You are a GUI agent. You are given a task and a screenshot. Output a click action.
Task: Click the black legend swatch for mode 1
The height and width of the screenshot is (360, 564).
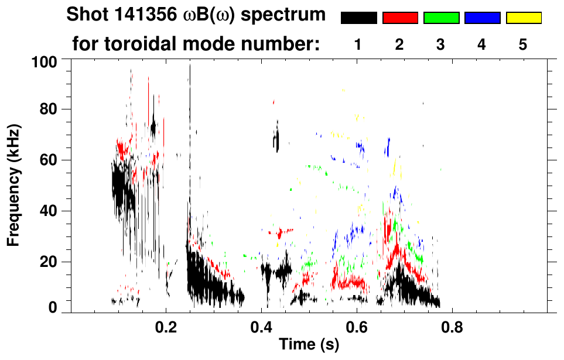click(x=358, y=18)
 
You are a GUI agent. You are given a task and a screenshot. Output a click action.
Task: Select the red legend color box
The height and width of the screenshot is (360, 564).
click(x=400, y=18)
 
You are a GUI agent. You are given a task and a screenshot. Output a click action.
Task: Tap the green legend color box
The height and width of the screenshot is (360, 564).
click(x=441, y=18)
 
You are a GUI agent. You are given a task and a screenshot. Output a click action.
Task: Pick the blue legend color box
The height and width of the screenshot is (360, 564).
click(x=482, y=18)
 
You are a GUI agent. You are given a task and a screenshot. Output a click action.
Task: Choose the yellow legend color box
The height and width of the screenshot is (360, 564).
click(x=524, y=18)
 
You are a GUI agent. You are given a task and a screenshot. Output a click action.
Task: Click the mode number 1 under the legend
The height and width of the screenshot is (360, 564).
click(x=358, y=45)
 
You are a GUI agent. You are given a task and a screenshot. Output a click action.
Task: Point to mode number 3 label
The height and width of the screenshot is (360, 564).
click(x=441, y=45)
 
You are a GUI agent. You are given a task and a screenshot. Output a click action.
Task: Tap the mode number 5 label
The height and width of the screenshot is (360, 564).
click(x=524, y=45)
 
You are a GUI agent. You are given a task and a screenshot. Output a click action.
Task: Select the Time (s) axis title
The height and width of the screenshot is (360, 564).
click(x=308, y=345)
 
